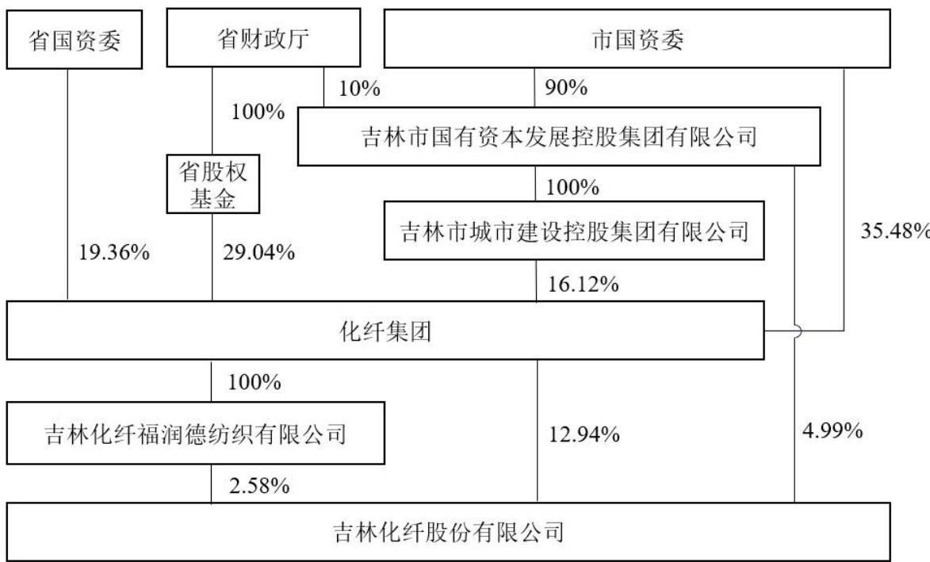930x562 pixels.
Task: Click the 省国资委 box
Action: coord(75,40)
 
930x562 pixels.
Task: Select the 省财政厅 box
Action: coord(263,37)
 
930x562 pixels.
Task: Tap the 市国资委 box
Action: coord(637,39)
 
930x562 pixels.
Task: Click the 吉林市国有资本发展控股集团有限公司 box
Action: coord(559,136)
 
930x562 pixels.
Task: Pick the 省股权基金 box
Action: coord(213,185)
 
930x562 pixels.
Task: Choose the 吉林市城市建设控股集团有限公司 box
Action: coord(574,231)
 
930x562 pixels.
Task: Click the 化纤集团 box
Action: coord(385,331)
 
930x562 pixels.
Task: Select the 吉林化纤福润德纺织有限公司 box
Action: coord(195,433)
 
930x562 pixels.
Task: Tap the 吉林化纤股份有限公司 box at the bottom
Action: coord(449,531)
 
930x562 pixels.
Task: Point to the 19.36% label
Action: coord(114,253)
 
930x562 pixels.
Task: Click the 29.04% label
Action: coord(258,253)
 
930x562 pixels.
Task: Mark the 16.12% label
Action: coord(583,285)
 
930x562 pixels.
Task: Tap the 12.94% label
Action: coord(584,434)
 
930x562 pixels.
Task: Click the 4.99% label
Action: coord(832,430)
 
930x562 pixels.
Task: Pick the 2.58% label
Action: coord(259,486)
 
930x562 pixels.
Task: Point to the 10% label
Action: coord(359,88)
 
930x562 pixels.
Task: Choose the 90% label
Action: coord(566,88)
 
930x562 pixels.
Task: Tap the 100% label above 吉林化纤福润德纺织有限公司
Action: coord(255,382)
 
